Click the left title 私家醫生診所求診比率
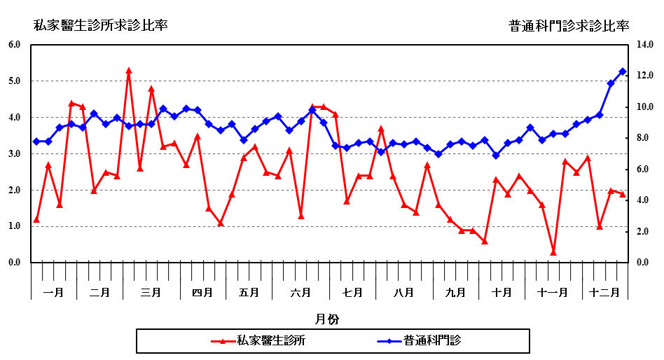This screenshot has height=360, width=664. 101,26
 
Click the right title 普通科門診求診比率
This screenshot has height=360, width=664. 569,26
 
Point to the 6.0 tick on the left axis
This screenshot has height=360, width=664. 14,45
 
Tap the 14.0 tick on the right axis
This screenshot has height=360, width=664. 645,45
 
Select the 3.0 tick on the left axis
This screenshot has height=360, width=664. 14,153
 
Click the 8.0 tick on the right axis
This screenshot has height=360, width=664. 645,138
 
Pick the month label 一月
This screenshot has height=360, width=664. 54,292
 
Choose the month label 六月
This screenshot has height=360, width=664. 300,292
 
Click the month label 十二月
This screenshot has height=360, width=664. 604,292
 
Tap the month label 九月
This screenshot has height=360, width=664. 455,292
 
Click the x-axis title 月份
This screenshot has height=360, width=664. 326,319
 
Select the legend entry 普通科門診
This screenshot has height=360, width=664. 436,341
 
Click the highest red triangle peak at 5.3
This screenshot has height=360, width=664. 129,71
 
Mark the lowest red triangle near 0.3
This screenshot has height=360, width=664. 553,252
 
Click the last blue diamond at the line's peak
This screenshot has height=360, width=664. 622,71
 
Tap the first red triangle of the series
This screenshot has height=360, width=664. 36,219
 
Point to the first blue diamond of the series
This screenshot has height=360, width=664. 36,141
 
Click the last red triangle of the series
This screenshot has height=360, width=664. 622,194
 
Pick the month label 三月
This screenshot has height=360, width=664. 151,292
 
